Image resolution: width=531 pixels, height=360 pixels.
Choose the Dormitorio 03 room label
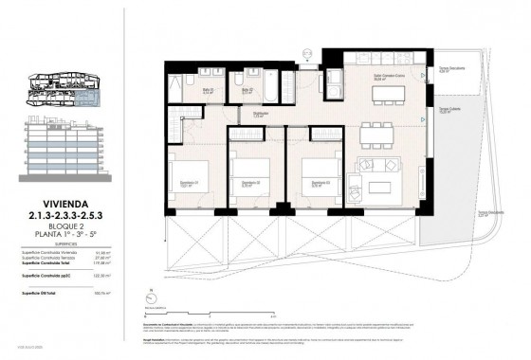pos(320,183)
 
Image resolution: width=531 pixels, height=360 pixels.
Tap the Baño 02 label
pos(246,91)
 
